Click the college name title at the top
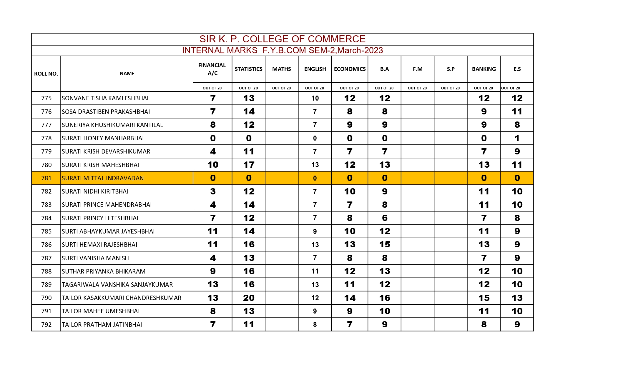coord(282,39)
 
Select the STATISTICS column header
coord(248,69)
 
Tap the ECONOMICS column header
coord(350,69)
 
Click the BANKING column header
coord(484,69)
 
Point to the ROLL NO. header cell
coord(46,74)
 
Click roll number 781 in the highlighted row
coord(46,178)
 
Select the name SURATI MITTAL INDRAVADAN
coord(103,178)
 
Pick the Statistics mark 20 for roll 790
coord(249,298)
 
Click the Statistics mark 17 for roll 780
coord(249,165)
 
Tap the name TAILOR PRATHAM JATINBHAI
coord(102,325)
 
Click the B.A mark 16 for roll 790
coord(384,298)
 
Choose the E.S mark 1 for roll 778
coord(517,138)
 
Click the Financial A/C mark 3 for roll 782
coord(213,191)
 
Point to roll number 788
coord(46,271)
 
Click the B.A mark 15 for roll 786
coord(384,245)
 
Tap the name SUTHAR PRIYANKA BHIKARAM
coord(104,271)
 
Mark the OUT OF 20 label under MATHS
coord(281,88)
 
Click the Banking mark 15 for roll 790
coord(484,298)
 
